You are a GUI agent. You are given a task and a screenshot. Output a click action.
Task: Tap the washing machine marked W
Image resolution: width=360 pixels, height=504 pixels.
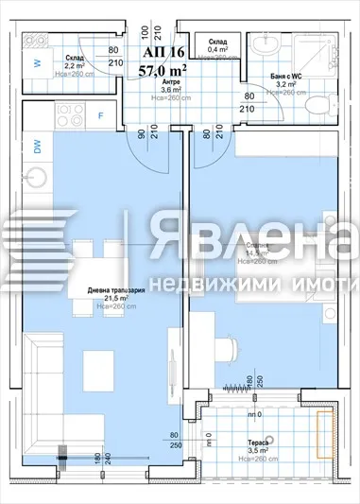click(x=37, y=64)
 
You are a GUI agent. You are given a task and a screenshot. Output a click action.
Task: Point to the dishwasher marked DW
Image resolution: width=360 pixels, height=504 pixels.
click(x=37, y=148)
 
